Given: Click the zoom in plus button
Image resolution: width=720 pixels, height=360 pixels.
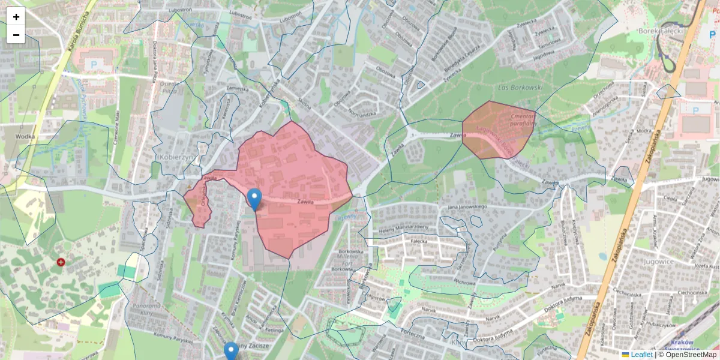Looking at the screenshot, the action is [x=16, y=17].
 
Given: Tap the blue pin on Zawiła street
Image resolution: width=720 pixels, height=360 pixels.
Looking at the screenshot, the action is [x=254, y=199].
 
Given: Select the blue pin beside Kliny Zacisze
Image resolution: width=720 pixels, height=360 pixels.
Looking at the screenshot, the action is [x=231, y=350].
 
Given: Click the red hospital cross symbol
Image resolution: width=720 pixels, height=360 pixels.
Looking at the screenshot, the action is [x=61, y=262].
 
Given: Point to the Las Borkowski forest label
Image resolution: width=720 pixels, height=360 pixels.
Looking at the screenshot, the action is [x=520, y=88].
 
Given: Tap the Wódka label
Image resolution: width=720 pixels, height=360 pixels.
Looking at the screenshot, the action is [x=26, y=136].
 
